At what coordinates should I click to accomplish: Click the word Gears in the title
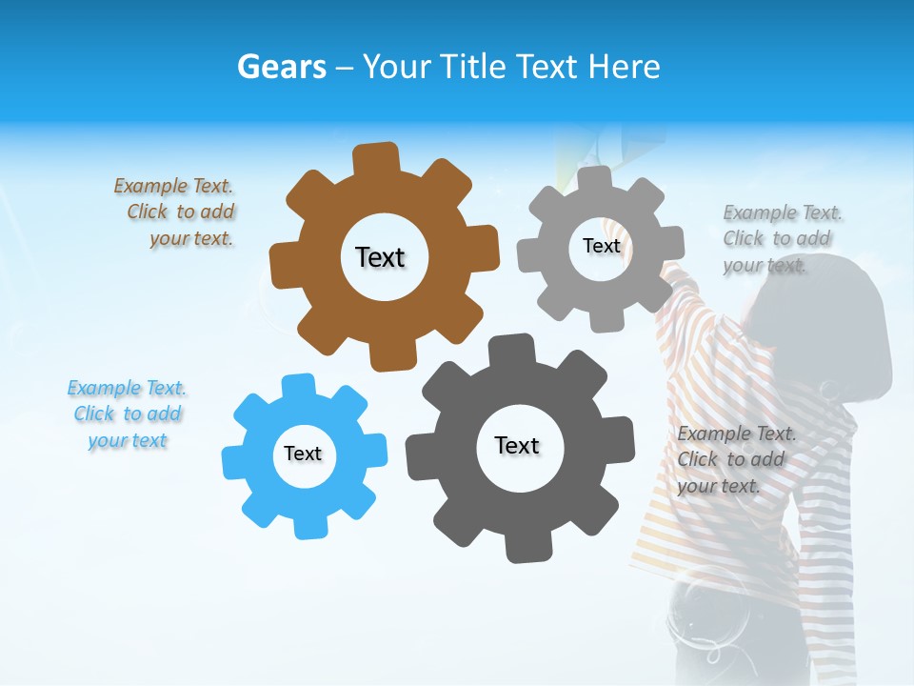pos(281,67)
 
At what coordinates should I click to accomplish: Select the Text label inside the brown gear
pos(380,257)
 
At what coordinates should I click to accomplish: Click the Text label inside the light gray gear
pos(601,246)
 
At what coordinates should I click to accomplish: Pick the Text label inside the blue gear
pos(303,454)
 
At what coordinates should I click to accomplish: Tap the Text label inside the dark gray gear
pos(517,445)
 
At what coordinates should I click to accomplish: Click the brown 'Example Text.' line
pos(173,186)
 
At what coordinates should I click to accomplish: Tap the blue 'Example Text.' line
pos(127,388)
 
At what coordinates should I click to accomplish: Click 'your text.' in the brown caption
pos(190,238)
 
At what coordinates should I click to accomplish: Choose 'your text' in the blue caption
pos(128,440)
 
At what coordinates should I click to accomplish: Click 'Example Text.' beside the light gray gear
pos(783,212)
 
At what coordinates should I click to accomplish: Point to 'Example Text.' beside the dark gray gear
pos(737,434)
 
